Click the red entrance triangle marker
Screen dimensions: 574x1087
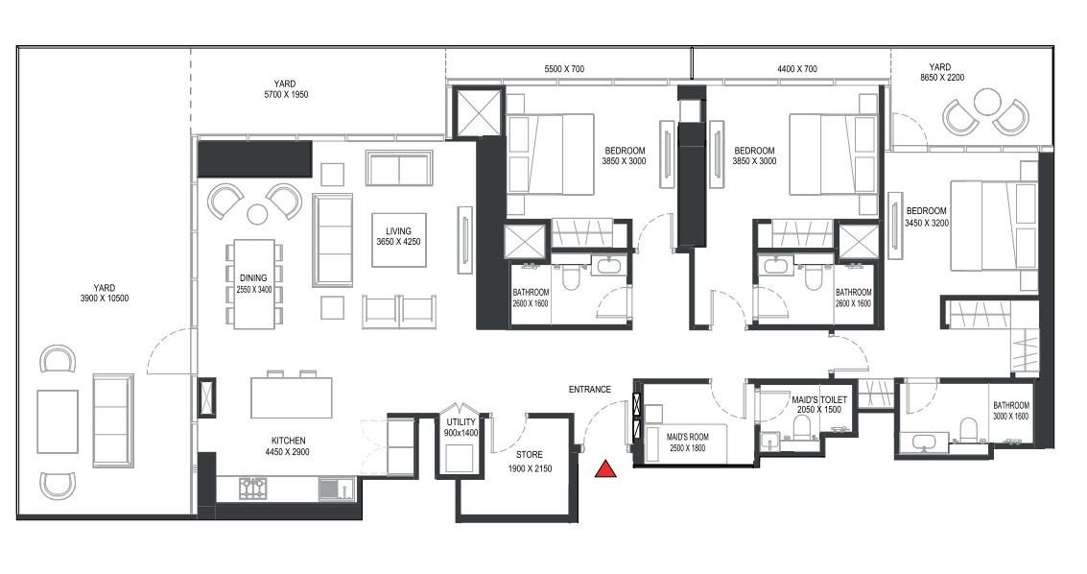click(605, 468)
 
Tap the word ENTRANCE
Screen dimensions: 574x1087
click(589, 390)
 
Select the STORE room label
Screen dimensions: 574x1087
click(530, 456)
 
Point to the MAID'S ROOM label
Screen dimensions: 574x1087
click(687, 437)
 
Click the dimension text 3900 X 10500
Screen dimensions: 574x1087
click(104, 299)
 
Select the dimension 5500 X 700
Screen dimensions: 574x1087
click(564, 69)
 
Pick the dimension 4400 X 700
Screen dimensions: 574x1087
click(797, 69)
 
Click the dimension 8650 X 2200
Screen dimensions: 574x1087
click(940, 77)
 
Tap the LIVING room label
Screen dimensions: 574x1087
click(398, 231)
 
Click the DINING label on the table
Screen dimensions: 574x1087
click(253, 278)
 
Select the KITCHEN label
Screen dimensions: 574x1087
click(289, 440)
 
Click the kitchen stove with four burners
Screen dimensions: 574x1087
click(252, 489)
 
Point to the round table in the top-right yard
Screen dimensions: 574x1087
click(986, 101)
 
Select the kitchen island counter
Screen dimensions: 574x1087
click(292, 397)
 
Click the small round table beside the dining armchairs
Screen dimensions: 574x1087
click(257, 213)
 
